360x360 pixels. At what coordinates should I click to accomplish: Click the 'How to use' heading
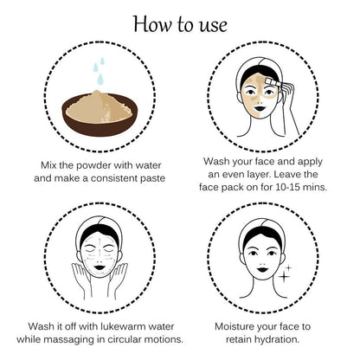pyautogui.click(x=180, y=24)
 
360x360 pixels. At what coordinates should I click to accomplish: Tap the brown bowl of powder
pyautogui.click(x=100, y=115)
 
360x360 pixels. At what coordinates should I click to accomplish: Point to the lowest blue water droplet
pyautogui.click(x=100, y=80)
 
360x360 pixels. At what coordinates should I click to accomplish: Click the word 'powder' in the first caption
pyautogui.click(x=93, y=165)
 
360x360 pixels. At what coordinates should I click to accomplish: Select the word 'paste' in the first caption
pyautogui.click(x=152, y=178)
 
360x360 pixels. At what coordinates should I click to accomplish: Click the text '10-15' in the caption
pyautogui.click(x=288, y=187)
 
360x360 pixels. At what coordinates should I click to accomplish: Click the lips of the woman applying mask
pyautogui.click(x=260, y=109)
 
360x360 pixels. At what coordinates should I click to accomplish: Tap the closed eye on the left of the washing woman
pyautogui.click(x=88, y=248)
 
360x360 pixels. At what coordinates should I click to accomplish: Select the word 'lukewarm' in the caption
pyautogui.click(x=124, y=326)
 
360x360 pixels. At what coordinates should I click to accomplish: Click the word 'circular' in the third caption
pyautogui.click(x=124, y=339)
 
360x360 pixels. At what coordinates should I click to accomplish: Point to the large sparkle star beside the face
pyautogui.click(x=284, y=277)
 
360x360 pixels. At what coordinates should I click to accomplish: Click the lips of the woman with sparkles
pyautogui.click(x=263, y=270)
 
